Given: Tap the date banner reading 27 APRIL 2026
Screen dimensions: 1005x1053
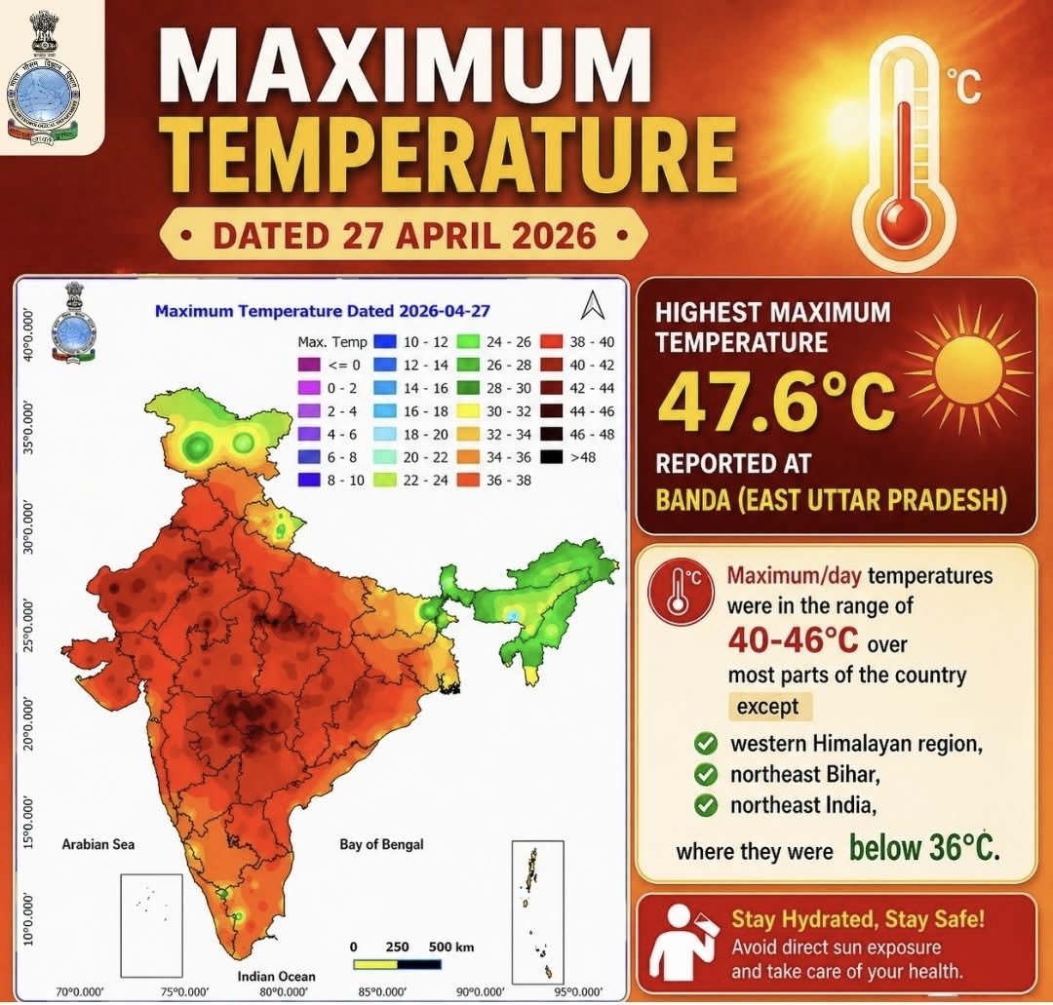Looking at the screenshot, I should [x=404, y=236].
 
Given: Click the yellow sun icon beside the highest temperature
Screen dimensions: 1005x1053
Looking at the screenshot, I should [x=968, y=369].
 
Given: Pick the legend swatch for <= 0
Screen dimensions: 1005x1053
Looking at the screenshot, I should [x=308, y=364].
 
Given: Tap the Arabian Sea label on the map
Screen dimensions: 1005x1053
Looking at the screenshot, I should [x=98, y=844].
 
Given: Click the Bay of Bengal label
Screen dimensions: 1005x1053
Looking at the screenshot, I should [x=382, y=844].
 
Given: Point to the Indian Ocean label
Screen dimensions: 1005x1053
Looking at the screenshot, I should [x=276, y=977].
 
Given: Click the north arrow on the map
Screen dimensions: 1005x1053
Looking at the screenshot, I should [x=592, y=306].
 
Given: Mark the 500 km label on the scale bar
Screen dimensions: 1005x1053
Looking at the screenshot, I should [x=450, y=947].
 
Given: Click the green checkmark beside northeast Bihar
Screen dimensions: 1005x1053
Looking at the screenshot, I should [x=706, y=776].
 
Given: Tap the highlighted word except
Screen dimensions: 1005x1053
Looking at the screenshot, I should [x=767, y=707].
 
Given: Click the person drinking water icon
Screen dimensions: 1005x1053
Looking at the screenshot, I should [x=682, y=942].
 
